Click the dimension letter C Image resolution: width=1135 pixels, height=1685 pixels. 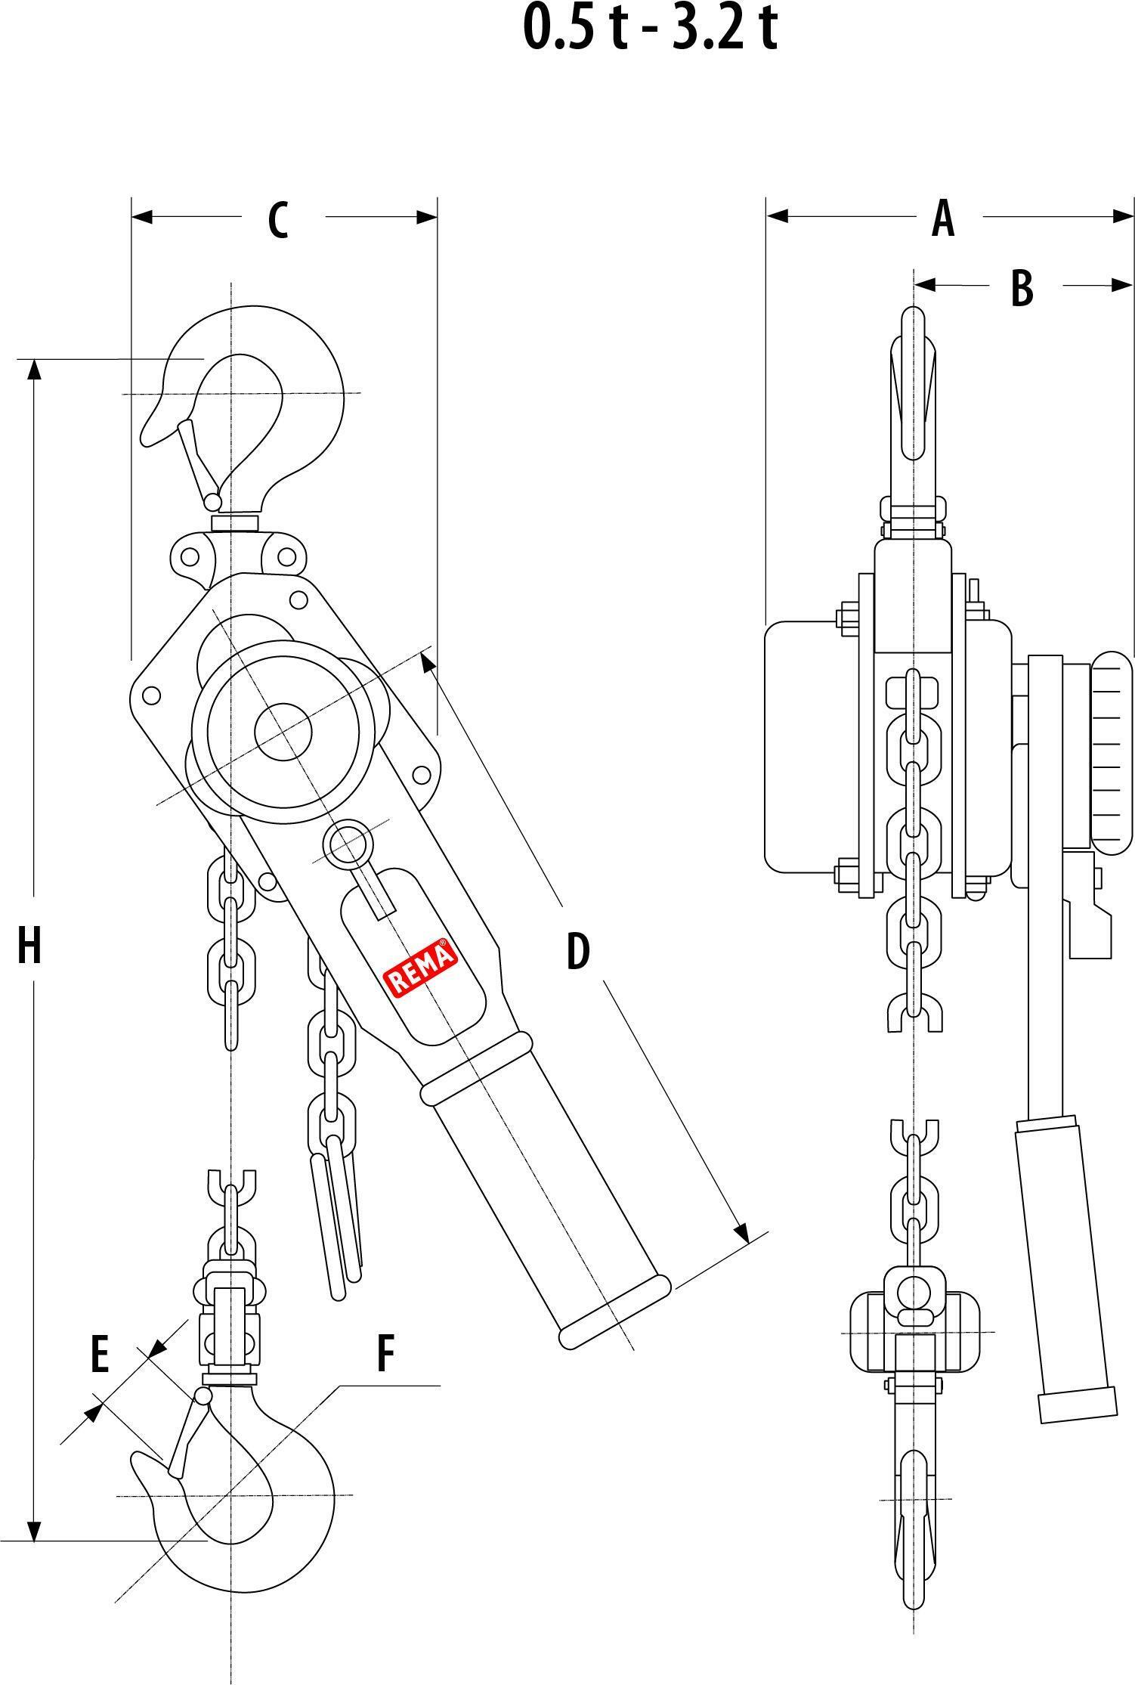click(x=278, y=220)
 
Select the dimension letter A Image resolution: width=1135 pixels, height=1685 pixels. click(x=942, y=218)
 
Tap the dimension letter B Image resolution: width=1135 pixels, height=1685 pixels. click(x=1022, y=288)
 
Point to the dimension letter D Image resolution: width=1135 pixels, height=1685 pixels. click(x=578, y=951)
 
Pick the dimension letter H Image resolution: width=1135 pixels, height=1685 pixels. click(x=29, y=946)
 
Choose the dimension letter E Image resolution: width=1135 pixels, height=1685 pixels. click(x=99, y=1354)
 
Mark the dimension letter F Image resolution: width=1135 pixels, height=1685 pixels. click(x=385, y=1354)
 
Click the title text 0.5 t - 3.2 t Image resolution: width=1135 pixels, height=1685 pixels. click(x=650, y=29)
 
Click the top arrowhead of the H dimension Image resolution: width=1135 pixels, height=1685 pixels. click(x=33, y=369)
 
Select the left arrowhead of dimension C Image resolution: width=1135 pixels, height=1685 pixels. click(x=142, y=217)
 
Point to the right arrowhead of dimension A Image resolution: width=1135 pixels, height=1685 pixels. click(x=1124, y=216)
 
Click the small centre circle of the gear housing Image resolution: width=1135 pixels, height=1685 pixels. click(x=283, y=731)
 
